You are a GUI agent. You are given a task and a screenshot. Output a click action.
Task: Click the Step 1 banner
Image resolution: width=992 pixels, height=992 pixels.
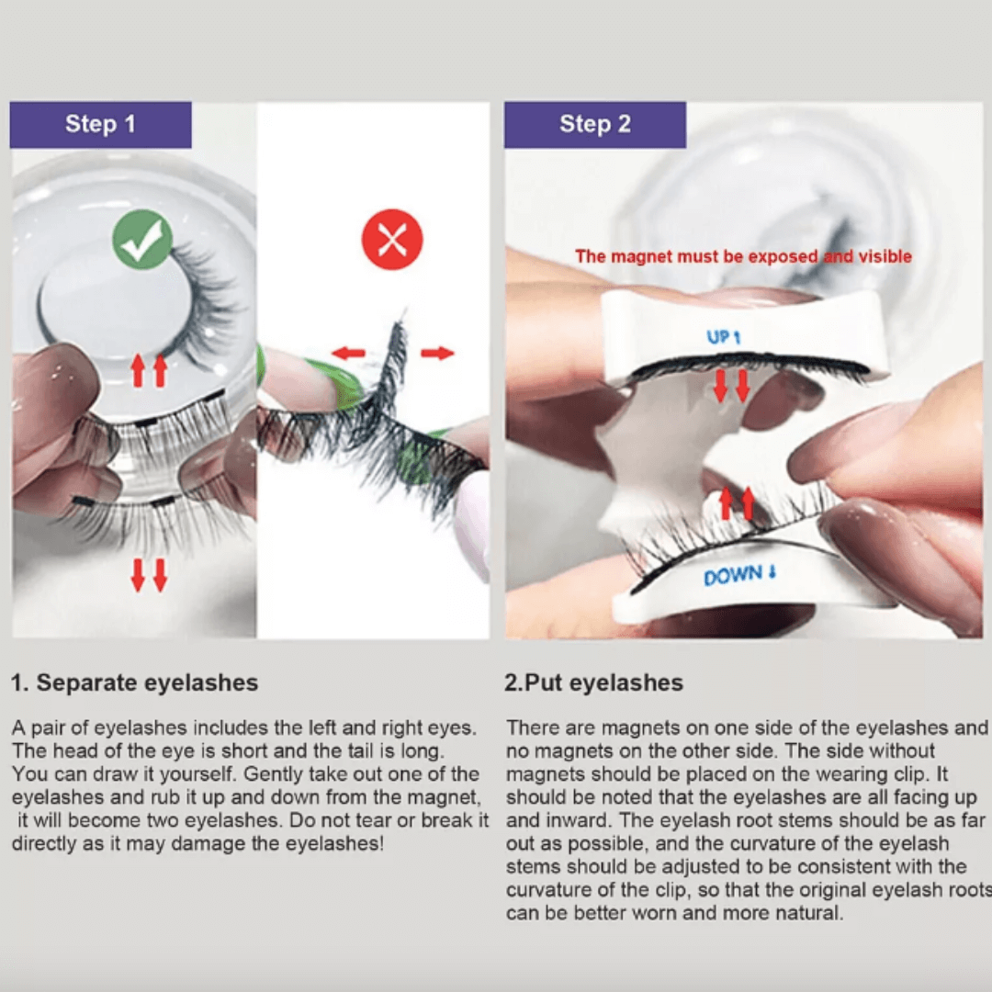[101, 125]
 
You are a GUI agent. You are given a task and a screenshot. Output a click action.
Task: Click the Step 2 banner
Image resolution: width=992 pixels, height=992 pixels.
[594, 125]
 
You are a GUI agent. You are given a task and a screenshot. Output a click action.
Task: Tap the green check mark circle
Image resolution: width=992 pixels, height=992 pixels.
[142, 240]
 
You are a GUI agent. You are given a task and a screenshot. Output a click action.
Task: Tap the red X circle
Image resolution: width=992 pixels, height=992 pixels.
[392, 240]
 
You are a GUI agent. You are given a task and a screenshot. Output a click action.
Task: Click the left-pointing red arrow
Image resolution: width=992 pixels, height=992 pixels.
[349, 353]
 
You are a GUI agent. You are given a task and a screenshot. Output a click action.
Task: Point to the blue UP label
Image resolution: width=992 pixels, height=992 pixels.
[723, 337]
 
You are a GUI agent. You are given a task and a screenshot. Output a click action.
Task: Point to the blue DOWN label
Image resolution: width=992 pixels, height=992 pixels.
[738, 574]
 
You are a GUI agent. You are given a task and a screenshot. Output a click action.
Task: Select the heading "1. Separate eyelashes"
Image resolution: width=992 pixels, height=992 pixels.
[135, 682]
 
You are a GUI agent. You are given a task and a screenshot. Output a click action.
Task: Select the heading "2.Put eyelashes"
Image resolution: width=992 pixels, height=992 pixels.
[593, 682]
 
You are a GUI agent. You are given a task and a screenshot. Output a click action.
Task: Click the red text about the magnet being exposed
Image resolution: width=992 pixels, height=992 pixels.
[743, 256]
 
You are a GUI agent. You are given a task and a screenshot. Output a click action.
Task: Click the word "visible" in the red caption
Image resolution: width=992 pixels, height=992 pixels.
[885, 256]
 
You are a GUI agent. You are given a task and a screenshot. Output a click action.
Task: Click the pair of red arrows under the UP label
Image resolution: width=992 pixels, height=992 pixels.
[731, 387]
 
